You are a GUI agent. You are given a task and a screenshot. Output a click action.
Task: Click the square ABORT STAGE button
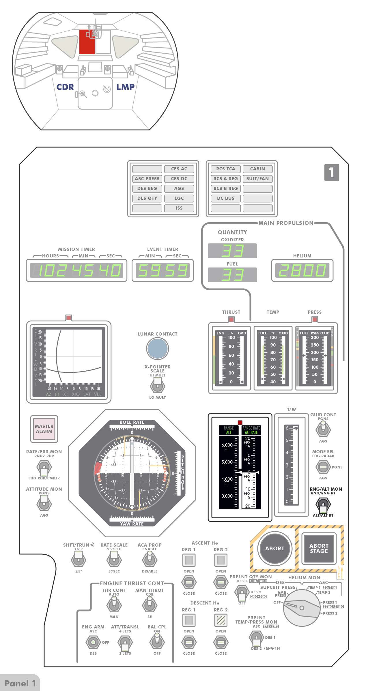pos(319,548)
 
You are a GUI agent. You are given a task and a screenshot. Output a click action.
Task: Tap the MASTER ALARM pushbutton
pos(44,429)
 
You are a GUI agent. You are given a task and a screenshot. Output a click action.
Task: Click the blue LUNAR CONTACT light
pos(157,348)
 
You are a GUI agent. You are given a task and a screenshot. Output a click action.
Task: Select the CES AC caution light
pos(179,169)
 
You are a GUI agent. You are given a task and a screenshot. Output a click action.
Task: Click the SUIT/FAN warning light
pos(257,179)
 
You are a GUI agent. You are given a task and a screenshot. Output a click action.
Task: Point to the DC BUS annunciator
pos(226,198)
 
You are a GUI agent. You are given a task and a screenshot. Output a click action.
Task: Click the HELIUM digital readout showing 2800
pos(302,270)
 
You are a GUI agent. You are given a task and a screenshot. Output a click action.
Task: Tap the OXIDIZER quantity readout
pos(232,251)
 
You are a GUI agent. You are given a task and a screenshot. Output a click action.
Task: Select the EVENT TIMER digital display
pos(163,270)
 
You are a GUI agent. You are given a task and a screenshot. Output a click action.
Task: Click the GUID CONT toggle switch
pos(323,429)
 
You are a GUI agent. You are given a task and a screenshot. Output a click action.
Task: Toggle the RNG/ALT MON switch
pos(323,504)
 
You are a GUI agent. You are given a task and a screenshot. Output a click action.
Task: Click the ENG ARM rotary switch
pos(93,642)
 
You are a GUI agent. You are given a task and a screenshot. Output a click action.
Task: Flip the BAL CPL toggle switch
pos(157,642)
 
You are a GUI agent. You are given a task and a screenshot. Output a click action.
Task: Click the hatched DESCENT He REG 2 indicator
pos(221,620)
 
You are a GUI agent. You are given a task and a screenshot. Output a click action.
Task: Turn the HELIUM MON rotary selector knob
pos(302,608)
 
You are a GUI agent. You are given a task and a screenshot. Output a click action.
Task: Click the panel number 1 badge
pos(332,172)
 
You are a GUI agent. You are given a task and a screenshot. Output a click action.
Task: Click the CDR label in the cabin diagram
pos(65,87)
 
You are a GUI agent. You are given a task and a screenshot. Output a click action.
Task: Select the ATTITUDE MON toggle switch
pos(44,504)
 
